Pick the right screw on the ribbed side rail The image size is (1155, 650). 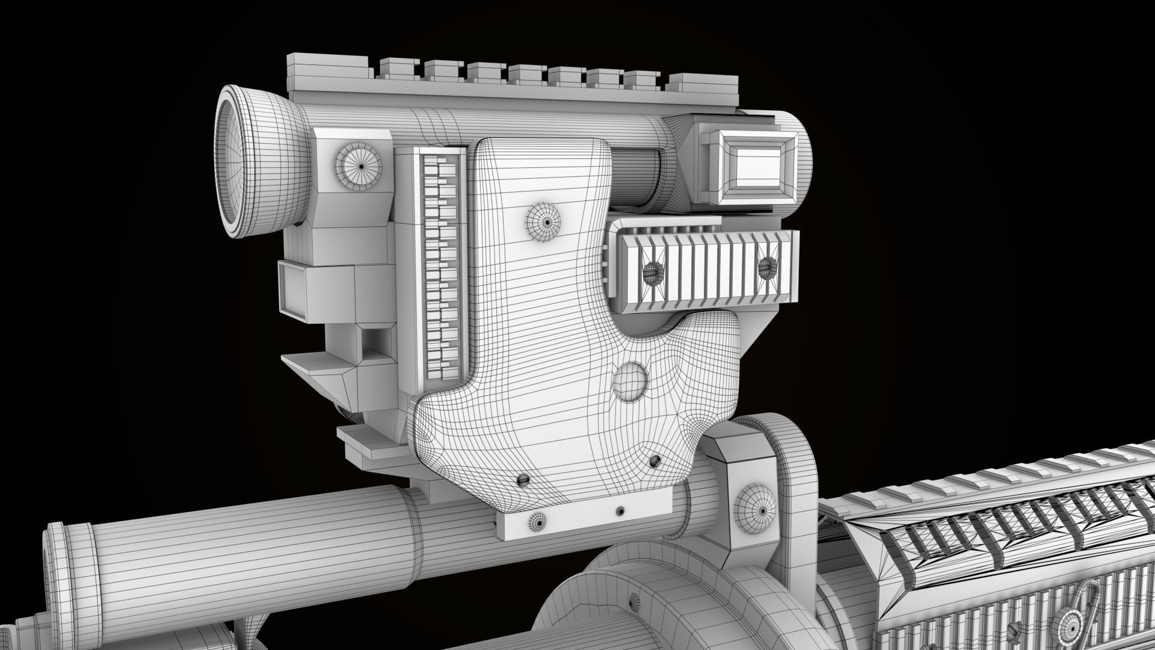click(766, 267)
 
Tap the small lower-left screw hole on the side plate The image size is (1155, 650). click(523, 479)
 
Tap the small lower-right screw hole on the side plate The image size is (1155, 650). click(654, 462)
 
